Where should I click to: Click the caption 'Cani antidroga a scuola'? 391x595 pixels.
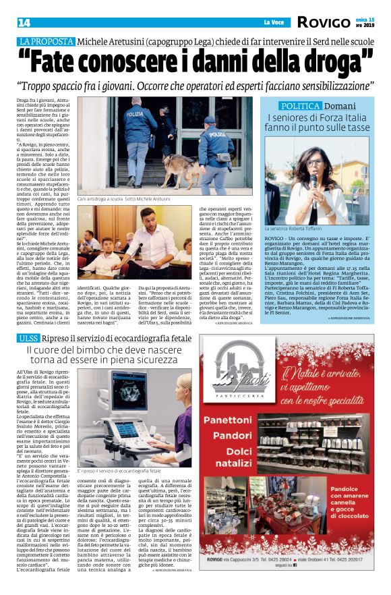[x=105, y=200]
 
